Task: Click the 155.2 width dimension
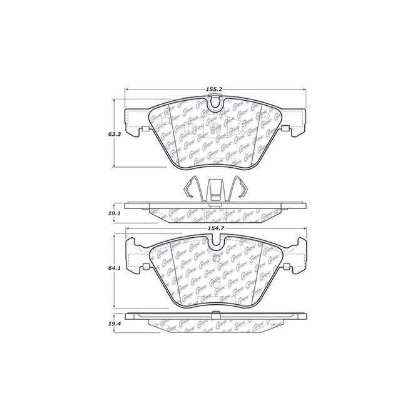click(213, 90)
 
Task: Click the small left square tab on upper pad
click(145, 130)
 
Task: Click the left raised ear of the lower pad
click(133, 250)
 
